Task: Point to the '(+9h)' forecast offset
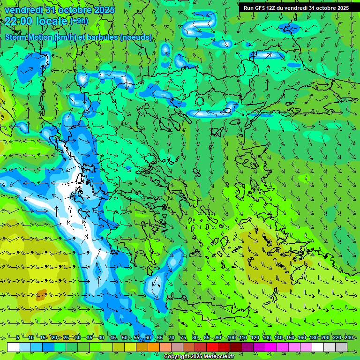point(79,21)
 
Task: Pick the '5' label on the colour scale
point(18,338)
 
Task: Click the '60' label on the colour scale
point(148,338)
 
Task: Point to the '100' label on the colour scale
point(232,338)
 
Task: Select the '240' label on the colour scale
point(349,338)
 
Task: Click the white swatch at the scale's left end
point(13,347)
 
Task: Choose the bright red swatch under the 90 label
point(212,347)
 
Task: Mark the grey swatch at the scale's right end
point(341,347)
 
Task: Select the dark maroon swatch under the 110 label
point(236,347)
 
